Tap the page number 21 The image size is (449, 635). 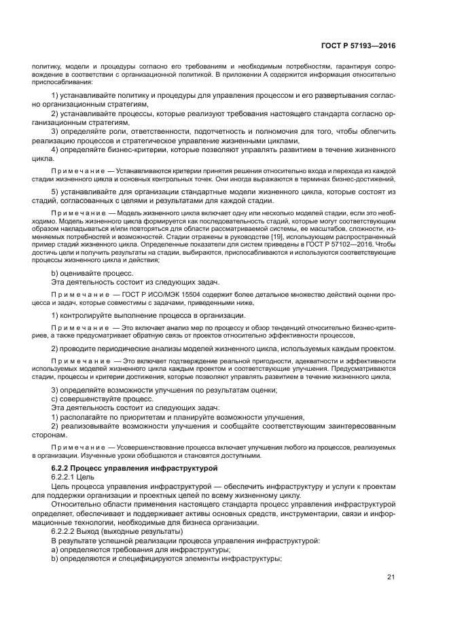pyautogui.click(x=391, y=577)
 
